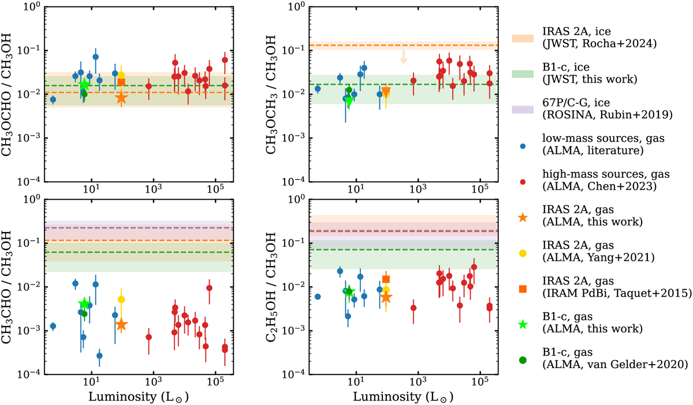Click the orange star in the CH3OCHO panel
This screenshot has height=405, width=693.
[121, 97]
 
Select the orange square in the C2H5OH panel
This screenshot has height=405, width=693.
[386, 279]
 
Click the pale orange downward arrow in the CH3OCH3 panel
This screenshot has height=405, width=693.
[404, 57]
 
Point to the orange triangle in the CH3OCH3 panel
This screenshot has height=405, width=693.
[386, 91]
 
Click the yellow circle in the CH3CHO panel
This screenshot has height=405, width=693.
[121, 299]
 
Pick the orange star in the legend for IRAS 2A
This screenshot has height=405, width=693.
[522, 217]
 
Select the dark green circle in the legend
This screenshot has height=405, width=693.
[522, 359]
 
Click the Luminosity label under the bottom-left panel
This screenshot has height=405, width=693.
[139, 397]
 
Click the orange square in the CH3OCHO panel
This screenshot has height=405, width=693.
[121, 82]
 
